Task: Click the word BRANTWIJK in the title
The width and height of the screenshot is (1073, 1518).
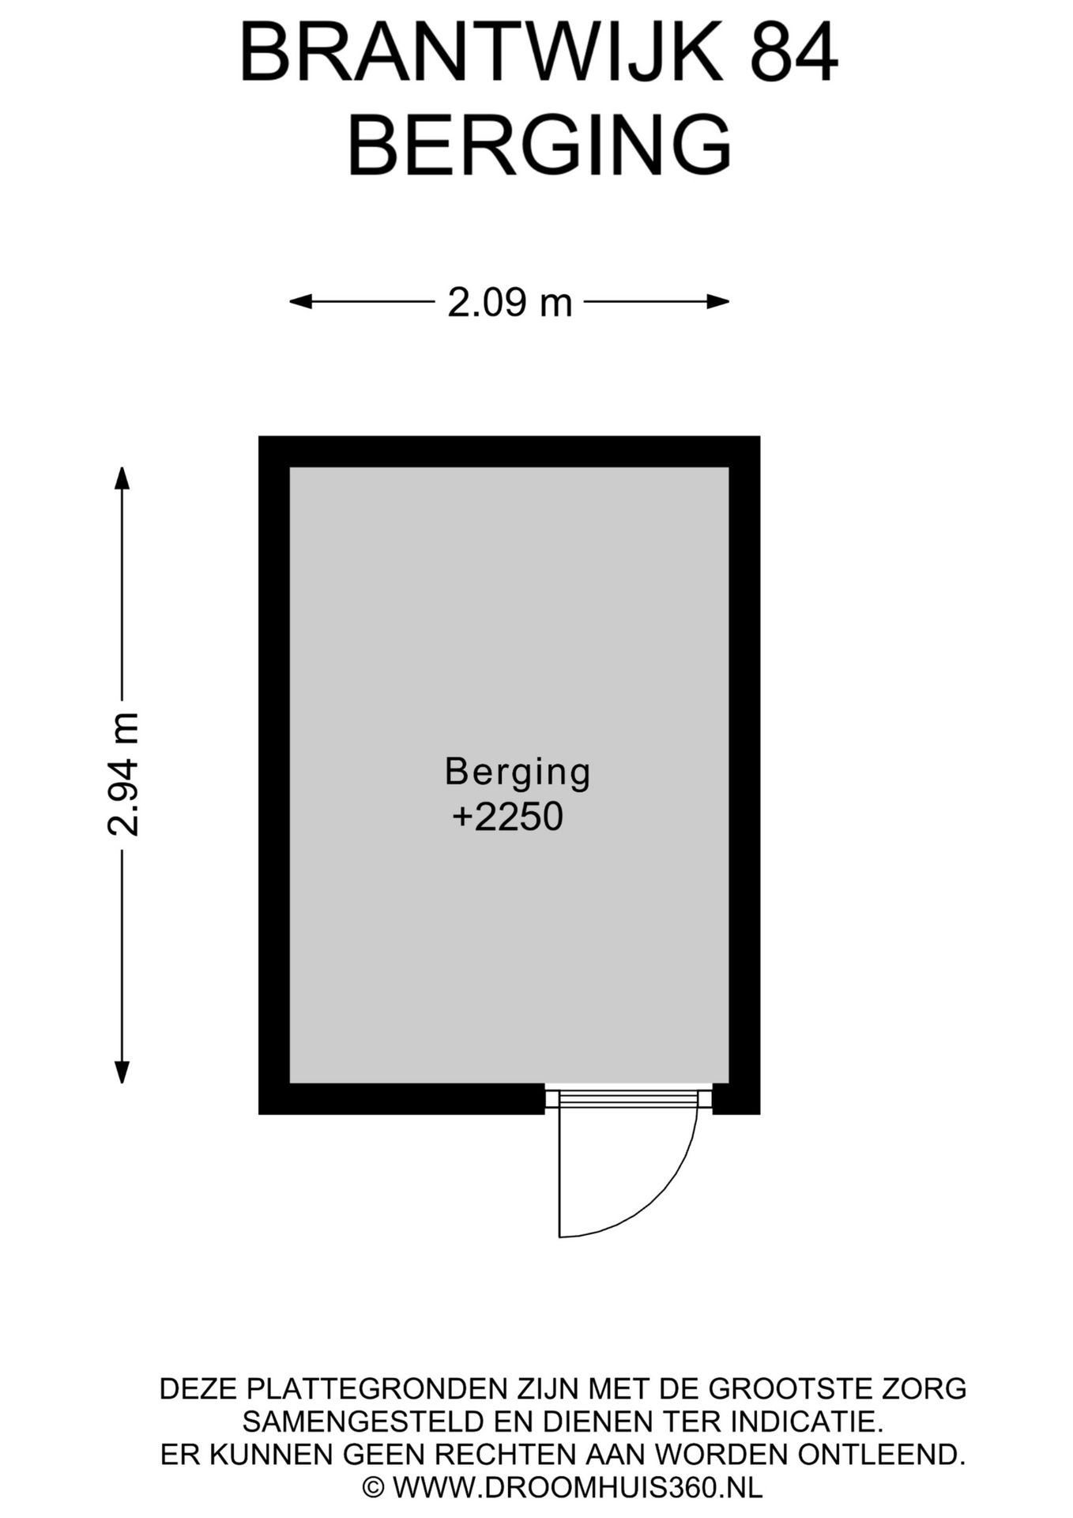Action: [x=480, y=52]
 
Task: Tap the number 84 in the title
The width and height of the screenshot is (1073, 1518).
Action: [x=793, y=52]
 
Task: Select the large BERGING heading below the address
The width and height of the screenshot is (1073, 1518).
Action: [x=540, y=145]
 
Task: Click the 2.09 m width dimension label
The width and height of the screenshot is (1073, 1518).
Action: [x=510, y=302]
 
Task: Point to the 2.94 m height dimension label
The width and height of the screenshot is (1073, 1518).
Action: [x=123, y=774]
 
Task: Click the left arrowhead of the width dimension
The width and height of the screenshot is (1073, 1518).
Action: [x=300, y=301]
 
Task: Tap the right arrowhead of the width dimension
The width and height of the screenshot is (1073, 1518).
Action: [x=717, y=301]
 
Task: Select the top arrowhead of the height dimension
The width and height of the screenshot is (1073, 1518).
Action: [x=121, y=478]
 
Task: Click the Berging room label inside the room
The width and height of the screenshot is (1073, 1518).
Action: [x=518, y=772]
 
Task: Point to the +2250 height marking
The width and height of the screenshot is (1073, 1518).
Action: [x=507, y=817]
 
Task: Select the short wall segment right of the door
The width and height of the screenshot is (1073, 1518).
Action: [x=736, y=1098]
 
